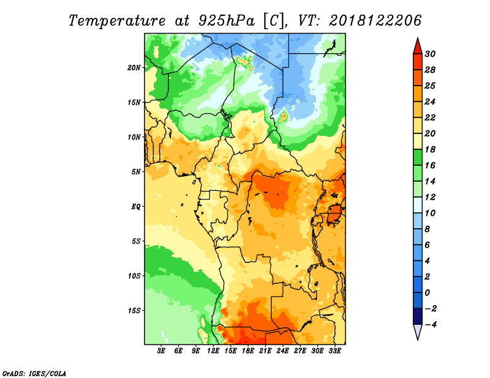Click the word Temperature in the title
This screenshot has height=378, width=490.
pos(117,21)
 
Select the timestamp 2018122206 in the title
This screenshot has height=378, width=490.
pos(375,21)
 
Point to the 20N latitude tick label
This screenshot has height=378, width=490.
pos(134,68)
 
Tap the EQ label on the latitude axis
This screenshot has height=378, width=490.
pos(136,207)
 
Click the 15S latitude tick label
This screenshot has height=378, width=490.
pos(134,311)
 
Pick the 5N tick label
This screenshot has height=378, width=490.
pos(136,172)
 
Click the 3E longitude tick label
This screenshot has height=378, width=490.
pos(161,351)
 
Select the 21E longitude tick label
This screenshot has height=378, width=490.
pos(265,351)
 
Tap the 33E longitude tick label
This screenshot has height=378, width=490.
pos(334,351)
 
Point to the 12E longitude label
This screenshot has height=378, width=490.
pos(213,351)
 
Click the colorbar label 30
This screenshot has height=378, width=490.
pos(430,54)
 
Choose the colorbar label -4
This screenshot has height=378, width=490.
pos(431,325)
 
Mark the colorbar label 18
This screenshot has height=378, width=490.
pos(430,149)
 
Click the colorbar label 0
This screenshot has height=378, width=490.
pos(428,293)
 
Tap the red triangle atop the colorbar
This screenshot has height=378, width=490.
pos(418,47)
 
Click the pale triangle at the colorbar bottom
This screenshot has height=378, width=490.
pos(418,332)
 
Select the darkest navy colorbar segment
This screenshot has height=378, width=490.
pos(418,316)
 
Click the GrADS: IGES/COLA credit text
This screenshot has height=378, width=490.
pos(34,374)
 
